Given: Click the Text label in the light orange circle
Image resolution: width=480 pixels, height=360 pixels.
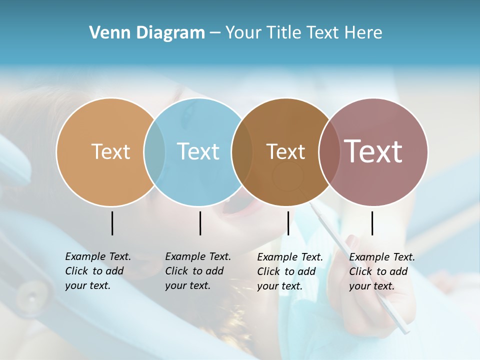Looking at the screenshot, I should [x=110, y=151].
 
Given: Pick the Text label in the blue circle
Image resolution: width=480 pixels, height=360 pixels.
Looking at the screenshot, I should [x=198, y=151].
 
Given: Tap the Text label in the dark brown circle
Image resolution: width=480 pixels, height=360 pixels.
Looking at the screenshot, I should [x=285, y=151].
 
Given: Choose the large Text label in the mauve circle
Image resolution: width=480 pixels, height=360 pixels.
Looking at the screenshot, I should [x=373, y=151].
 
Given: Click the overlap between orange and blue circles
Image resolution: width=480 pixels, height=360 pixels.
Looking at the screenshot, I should [x=154, y=151].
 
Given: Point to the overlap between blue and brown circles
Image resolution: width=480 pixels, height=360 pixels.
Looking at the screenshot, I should [x=242, y=151].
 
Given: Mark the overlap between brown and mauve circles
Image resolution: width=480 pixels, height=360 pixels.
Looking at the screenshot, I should [x=329, y=151].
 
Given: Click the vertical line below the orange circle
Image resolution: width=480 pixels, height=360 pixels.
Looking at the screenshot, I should [x=112, y=223].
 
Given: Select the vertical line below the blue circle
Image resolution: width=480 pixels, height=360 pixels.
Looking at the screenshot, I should [x=200, y=223].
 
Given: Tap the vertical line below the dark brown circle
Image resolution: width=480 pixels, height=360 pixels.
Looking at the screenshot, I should [x=288, y=223].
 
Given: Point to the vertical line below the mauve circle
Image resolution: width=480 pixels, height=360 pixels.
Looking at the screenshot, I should [x=372, y=223].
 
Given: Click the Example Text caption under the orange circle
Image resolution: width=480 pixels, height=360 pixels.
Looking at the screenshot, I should [x=98, y=271].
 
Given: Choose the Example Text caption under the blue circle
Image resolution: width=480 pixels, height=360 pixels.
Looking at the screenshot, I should [x=198, y=271].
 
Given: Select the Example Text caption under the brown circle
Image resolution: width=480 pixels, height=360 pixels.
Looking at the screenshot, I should [x=290, y=271].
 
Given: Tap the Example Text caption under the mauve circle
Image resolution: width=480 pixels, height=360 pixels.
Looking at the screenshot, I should [x=382, y=271].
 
